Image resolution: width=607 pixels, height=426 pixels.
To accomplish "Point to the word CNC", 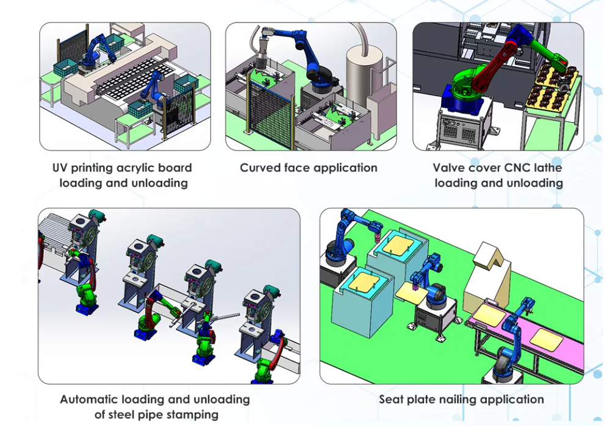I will coord(517,168).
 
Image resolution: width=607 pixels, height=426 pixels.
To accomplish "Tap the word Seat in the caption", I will coord(391,400).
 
